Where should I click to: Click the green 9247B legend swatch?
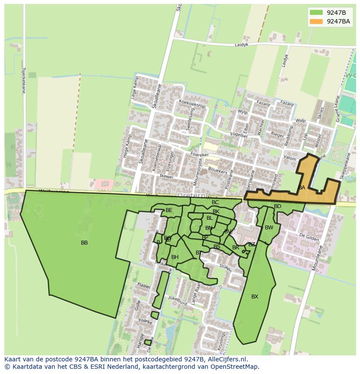click(316, 13)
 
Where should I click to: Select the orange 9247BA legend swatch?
click(316, 21)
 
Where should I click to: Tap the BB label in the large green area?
click(84, 243)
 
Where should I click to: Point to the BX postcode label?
click(255, 297)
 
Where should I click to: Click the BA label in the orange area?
click(301, 188)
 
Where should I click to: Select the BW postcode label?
click(269, 228)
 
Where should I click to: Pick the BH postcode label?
click(175, 257)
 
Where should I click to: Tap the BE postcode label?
click(169, 210)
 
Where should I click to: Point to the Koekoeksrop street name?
click(192, 105)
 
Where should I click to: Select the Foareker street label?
click(200, 154)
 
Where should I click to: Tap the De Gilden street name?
click(309, 237)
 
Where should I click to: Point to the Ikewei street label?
click(167, 177)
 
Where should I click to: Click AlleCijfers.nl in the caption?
click(227, 359)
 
